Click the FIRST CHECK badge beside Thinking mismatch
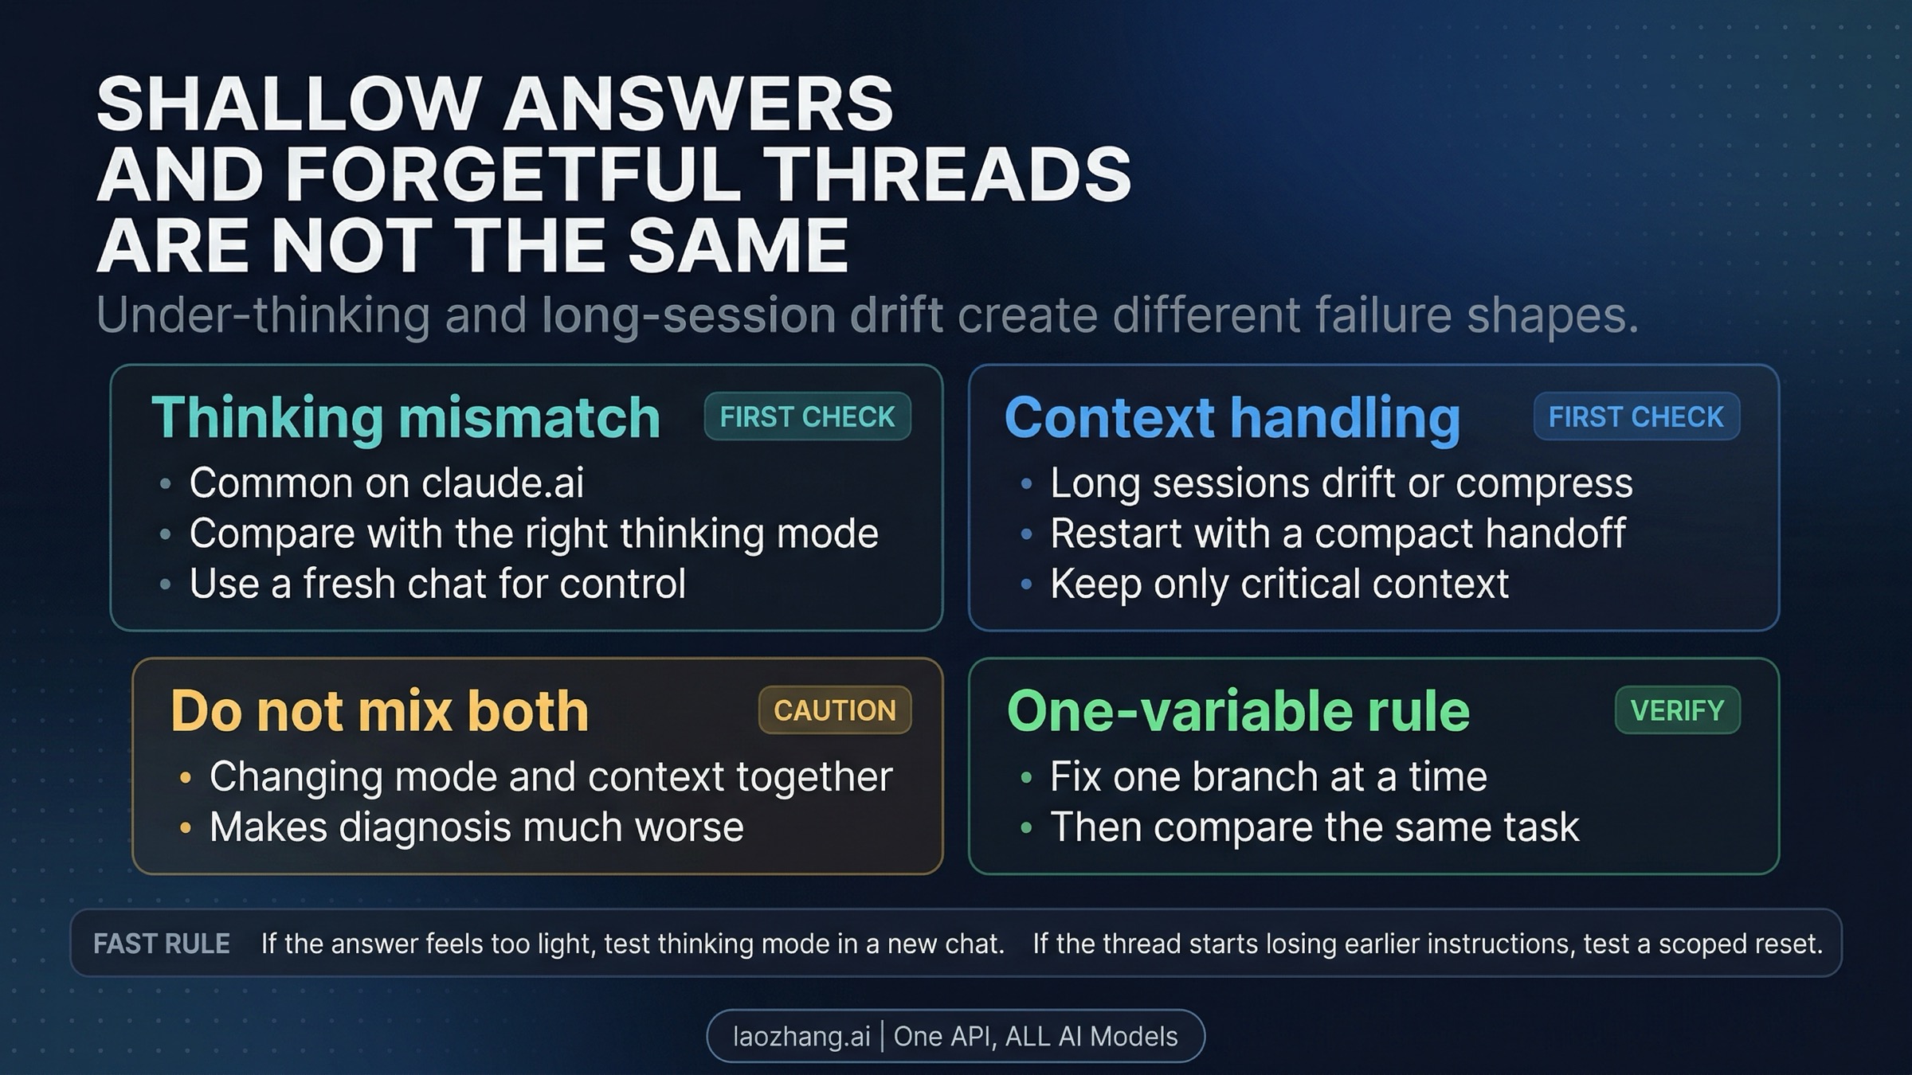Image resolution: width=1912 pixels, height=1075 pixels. (807, 416)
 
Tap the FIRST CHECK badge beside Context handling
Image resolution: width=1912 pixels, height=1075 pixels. (1636, 416)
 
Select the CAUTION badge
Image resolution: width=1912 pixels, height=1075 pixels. (834, 710)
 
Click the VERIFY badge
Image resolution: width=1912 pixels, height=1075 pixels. (1677, 710)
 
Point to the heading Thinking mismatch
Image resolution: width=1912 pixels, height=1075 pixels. (406, 417)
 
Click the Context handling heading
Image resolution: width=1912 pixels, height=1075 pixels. (1232, 417)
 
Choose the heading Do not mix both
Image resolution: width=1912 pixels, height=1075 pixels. (379, 710)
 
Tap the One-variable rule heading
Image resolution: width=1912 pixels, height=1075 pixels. (1238, 710)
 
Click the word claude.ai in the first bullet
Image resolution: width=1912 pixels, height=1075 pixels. (503, 483)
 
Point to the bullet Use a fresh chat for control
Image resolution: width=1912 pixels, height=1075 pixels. (437, 584)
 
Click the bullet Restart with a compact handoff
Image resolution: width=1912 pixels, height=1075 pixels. (1338, 534)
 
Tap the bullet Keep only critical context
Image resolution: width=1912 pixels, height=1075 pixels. (1279, 584)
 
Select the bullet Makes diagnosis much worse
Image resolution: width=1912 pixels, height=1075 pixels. (476, 827)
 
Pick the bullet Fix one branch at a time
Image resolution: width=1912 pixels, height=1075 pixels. (1268, 776)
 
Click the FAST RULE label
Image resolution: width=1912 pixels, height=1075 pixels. (162, 944)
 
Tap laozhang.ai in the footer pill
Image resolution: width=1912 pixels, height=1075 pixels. (801, 1036)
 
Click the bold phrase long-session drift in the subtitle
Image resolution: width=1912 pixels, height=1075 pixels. (742, 315)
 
